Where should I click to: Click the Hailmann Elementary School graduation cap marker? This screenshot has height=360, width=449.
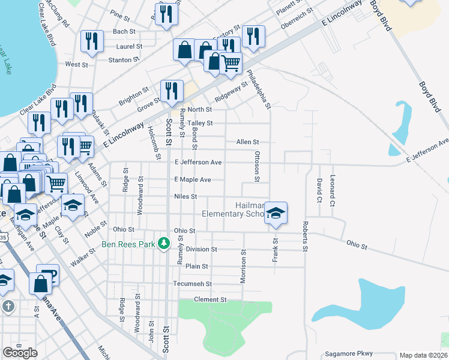click(x=276, y=213)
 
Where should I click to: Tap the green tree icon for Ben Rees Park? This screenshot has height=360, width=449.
click(x=163, y=244)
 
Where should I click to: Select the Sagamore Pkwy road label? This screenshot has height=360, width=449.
click(x=349, y=353)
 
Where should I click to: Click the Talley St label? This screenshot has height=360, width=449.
click(x=200, y=123)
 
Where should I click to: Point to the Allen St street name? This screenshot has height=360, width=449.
click(x=247, y=142)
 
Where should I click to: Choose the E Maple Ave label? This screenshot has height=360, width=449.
click(x=193, y=179)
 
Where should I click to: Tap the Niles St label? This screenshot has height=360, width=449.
click(x=185, y=196)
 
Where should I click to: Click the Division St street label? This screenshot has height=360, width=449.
click(x=201, y=249)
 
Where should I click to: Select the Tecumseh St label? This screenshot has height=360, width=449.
click(x=193, y=284)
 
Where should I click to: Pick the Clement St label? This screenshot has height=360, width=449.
click(x=209, y=299)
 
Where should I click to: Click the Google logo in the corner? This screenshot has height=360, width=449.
click(x=20, y=353)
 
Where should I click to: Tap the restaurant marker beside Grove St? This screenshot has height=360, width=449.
click(x=172, y=91)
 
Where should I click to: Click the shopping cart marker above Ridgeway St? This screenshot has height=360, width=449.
click(x=231, y=62)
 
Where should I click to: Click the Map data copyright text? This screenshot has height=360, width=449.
click(x=423, y=355)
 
